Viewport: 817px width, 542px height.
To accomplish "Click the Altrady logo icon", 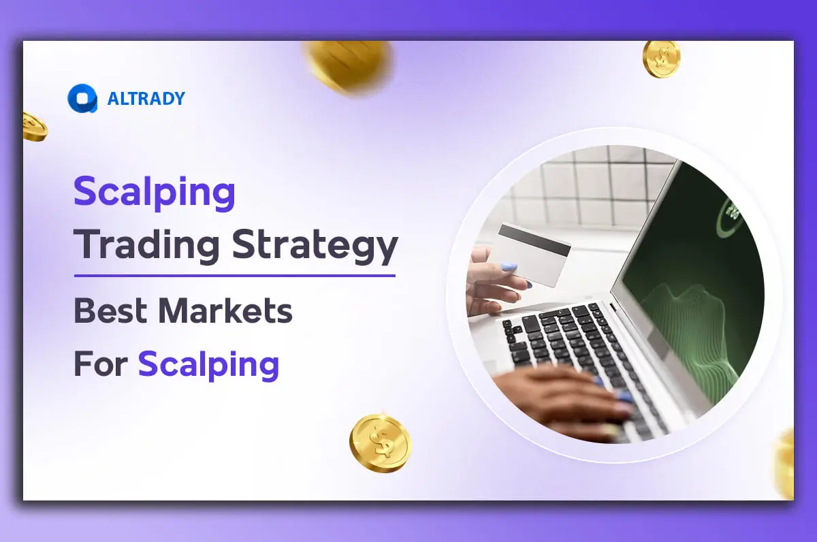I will pyautogui.click(x=82, y=98).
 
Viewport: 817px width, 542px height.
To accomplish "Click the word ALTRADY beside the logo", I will pyautogui.click(x=146, y=99).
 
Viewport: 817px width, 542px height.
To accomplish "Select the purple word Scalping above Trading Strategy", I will pyautogui.click(x=155, y=193).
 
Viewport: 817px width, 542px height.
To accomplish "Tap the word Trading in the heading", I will pyautogui.click(x=146, y=246).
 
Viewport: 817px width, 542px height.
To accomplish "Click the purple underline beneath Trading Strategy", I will pyautogui.click(x=234, y=276).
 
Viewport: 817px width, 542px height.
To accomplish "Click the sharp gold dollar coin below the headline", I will pyautogui.click(x=381, y=443).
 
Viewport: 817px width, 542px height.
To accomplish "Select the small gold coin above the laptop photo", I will pyautogui.click(x=661, y=59).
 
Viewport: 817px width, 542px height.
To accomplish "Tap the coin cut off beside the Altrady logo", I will pyautogui.click(x=34, y=127).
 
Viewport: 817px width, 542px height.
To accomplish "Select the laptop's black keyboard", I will pyautogui.click(x=579, y=354).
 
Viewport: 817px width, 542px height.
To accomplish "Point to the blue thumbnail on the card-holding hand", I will pyautogui.click(x=508, y=268).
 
